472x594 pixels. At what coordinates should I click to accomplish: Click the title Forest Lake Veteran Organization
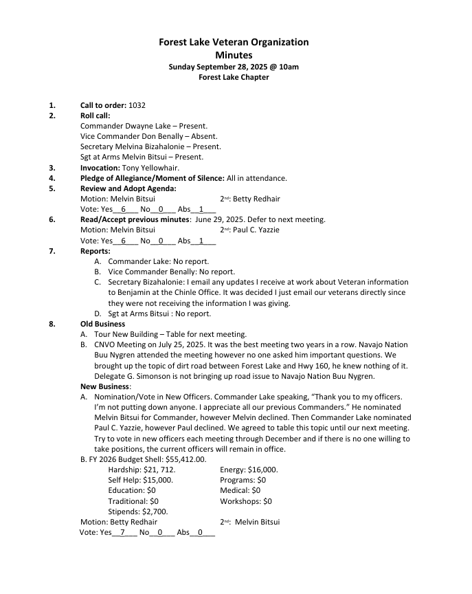(x=234, y=42)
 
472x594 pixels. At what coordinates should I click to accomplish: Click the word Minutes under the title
(x=234, y=55)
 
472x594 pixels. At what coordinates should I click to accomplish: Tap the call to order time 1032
(x=137, y=105)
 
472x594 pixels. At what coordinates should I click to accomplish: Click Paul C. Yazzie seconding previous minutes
(x=257, y=230)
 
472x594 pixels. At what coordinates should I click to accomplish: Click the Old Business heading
(x=102, y=324)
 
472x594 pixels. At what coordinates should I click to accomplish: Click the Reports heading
(x=95, y=251)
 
